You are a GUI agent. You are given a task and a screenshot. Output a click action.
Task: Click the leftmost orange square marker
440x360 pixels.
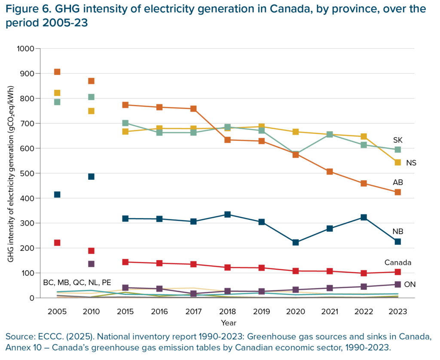[57, 72]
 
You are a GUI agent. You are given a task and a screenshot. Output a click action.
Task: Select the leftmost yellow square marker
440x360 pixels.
[57, 93]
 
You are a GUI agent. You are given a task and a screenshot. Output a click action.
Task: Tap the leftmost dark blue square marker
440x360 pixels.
[57, 194]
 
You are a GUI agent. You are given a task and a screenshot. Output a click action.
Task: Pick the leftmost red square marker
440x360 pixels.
[57, 242]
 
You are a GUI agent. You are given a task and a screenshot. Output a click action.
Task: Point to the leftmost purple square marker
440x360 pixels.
[91, 264]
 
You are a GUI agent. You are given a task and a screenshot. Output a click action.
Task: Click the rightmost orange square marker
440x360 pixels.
[397, 192]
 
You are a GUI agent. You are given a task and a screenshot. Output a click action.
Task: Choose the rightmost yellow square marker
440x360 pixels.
[397, 162]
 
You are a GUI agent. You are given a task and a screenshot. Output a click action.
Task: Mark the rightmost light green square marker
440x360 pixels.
[397, 149]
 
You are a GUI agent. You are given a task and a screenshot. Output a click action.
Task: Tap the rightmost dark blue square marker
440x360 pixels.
[397, 242]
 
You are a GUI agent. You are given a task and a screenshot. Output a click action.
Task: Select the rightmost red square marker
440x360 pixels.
[397, 272]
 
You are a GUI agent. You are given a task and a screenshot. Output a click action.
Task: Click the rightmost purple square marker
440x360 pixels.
[397, 284]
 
